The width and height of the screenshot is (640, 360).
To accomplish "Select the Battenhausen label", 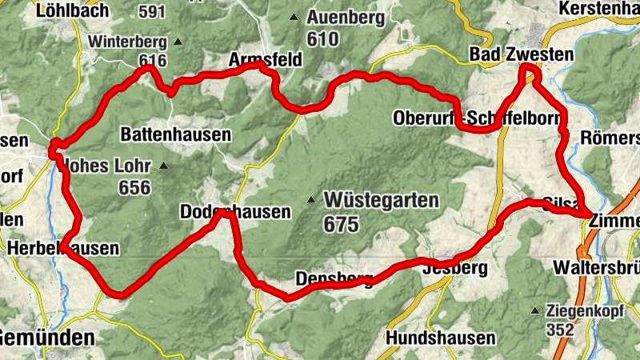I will [175, 134].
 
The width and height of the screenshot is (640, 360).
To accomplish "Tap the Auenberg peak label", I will [346, 17].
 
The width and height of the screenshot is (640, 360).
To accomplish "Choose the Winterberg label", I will [128, 42].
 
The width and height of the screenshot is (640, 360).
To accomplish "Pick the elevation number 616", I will [152, 61].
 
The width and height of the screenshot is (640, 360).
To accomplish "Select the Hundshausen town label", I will [440, 338].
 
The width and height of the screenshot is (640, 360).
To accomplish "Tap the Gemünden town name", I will [47, 338].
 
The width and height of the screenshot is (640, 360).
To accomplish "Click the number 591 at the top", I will [152, 13].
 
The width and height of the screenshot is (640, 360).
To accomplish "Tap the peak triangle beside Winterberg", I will [178, 42].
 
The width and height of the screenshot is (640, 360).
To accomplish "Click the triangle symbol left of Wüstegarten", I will [312, 199].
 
